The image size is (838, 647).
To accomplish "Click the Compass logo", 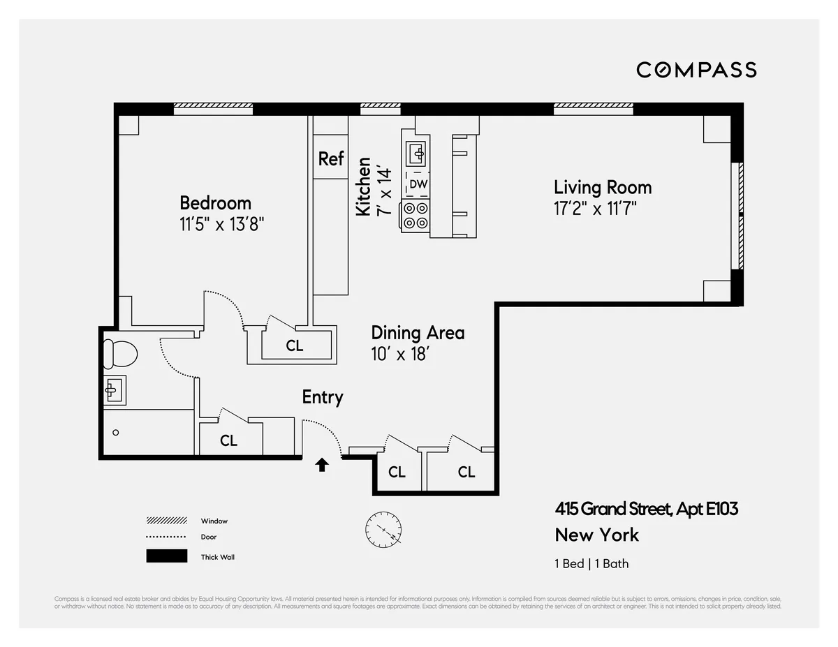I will (696, 70).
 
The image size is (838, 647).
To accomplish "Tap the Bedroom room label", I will (215, 203).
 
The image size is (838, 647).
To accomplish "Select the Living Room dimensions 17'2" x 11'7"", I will (595, 209).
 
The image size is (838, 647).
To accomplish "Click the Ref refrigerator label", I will (331, 158).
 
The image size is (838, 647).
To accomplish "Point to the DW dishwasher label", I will (418, 184).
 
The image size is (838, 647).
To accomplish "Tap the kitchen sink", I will (417, 151).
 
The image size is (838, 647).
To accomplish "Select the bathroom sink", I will (115, 390).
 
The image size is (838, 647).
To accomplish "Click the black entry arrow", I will (322, 465).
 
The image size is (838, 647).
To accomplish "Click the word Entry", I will (322, 397).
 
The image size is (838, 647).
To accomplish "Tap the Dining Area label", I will (418, 333).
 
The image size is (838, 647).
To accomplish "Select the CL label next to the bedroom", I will (295, 345).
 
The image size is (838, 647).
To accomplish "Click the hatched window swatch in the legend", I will (167, 521).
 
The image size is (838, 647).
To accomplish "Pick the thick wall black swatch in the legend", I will (167, 556).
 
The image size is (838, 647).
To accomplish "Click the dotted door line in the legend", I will (167, 537).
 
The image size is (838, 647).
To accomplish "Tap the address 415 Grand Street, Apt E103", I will (646, 509).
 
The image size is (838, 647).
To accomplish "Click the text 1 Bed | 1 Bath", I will (591, 563).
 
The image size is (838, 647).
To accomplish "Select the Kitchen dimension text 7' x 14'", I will (383, 191).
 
